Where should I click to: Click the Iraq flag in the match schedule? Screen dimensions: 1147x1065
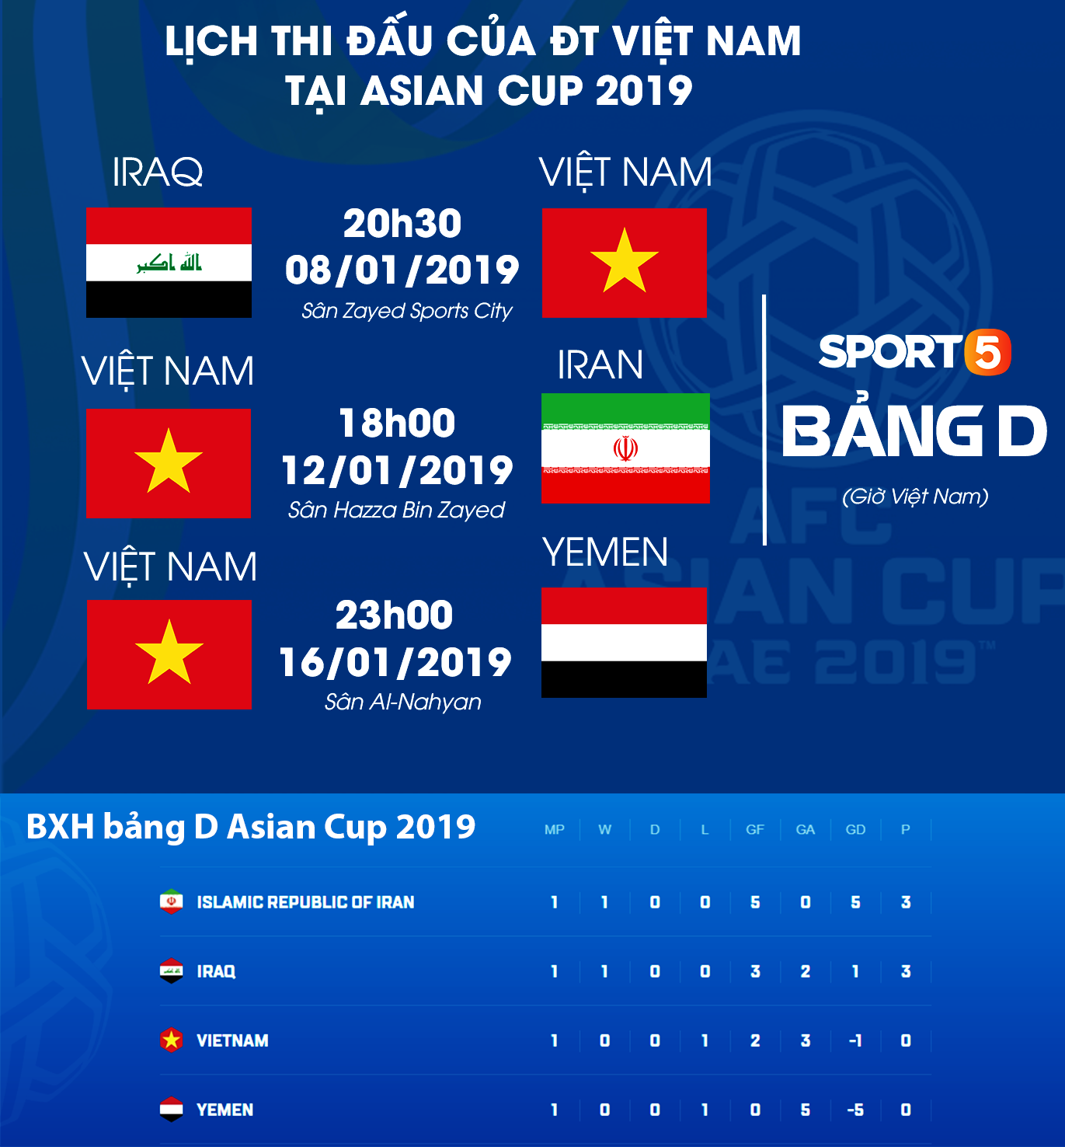(169, 263)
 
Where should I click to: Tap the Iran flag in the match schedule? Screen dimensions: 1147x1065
(625, 448)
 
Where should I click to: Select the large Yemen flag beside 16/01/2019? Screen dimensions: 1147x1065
(624, 642)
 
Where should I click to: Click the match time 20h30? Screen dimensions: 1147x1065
(402, 224)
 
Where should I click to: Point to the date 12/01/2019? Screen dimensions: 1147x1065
(397, 470)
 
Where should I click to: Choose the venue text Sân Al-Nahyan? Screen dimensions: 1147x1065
(402, 702)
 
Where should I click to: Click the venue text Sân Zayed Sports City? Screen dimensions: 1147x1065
(407, 311)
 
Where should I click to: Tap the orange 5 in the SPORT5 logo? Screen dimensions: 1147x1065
(987, 352)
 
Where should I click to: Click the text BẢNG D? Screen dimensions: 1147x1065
(914, 432)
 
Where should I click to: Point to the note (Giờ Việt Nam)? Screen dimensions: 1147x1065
(915, 496)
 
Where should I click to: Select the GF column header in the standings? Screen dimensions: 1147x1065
(754, 830)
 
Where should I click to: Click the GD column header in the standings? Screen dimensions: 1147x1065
(855, 830)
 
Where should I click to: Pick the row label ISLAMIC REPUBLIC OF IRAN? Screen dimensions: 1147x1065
(305, 902)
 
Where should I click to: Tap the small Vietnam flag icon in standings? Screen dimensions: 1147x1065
(171, 1040)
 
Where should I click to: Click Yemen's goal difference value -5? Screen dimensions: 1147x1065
(855, 1110)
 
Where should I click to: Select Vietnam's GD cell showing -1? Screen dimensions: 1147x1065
(855, 1041)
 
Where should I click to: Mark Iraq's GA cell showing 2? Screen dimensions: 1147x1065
(806, 971)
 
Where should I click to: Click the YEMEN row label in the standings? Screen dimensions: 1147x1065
(224, 1110)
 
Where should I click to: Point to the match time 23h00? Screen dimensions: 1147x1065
(394, 615)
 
